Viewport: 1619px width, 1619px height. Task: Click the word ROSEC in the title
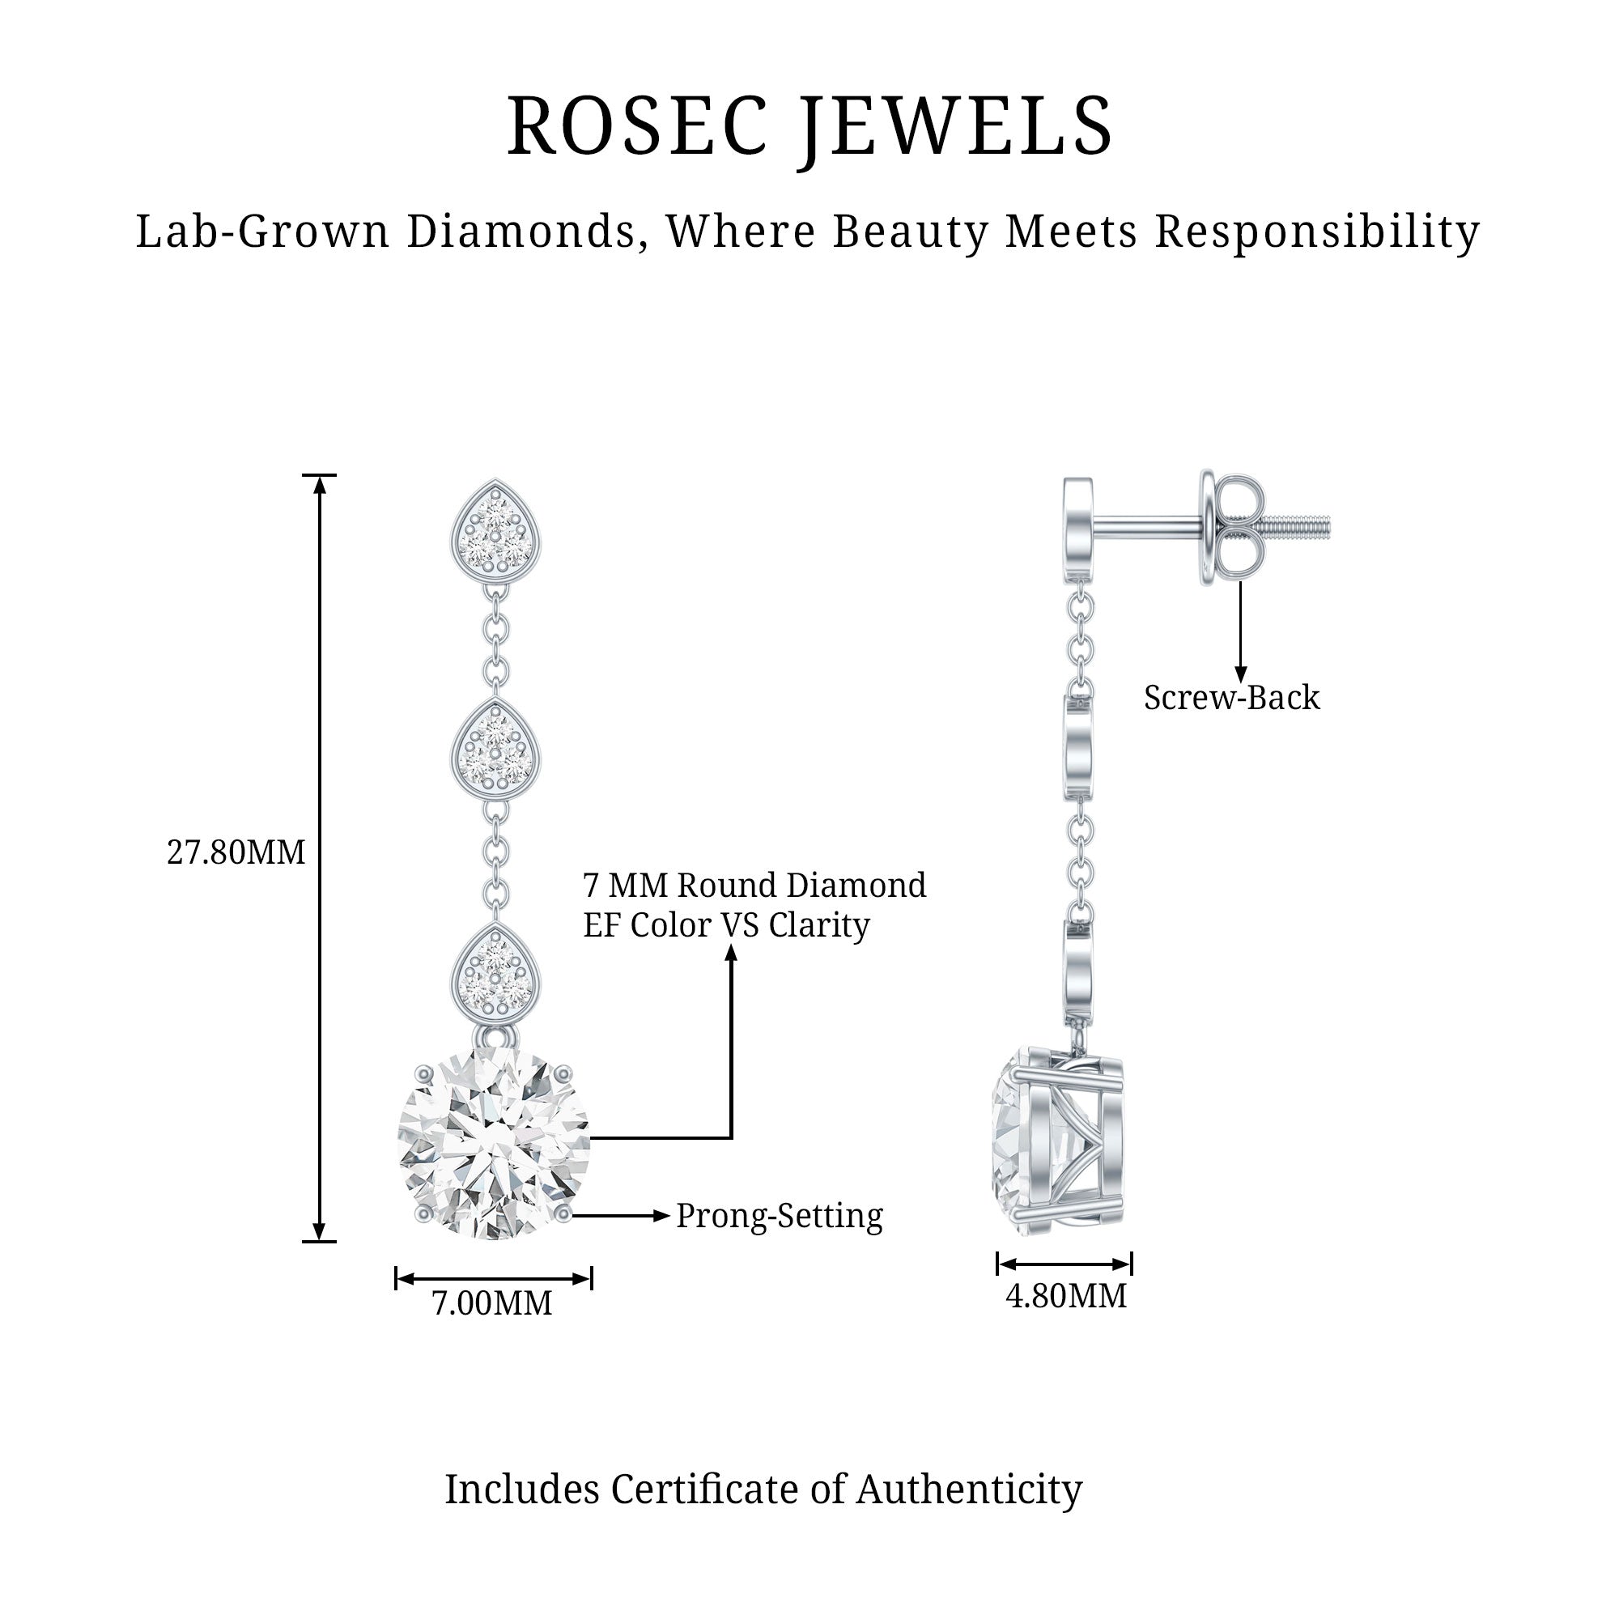pyautogui.click(x=638, y=125)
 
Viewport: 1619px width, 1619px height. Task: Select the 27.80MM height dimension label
pyautogui.click(x=236, y=853)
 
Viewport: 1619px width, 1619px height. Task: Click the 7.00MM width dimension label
pyautogui.click(x=492, y=1303)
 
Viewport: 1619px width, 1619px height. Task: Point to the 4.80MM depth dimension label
pyautogui.click(x=1066, y=1295)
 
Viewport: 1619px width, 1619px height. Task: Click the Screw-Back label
pyautogui.click(x=1231, y=698)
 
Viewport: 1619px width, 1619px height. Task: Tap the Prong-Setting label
pyautogui.click(x=780, y=1216)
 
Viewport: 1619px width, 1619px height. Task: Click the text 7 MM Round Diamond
pyautogui.click(x=754, y=886)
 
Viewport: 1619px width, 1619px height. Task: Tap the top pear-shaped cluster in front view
pyautogui.click(x=495, y=529)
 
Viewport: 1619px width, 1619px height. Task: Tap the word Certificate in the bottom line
pyautogui.click(x=704, y=1490)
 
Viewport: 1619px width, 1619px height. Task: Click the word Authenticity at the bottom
pyautogui.click(x=969, y=1490)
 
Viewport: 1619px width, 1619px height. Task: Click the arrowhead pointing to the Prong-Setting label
pyautogui.click(x=662, y=1215)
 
